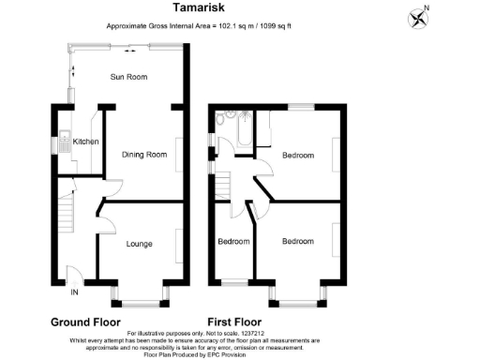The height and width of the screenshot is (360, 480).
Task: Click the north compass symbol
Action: click(x=417, y=18)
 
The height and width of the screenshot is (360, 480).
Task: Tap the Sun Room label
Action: click(x=130, y=77)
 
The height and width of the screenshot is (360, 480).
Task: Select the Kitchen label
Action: click(x=86, y=142)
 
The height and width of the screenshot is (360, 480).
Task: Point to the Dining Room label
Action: click(x=144, y=155)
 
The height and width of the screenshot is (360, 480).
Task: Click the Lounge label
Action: click(x=142, y=243)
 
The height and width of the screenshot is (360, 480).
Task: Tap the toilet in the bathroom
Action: click(x=221, y=119)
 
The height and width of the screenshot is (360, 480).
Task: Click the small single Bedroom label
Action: click(x=233, y=242)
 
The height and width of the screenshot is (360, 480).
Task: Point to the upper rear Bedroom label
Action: click(x=297, y=156)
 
